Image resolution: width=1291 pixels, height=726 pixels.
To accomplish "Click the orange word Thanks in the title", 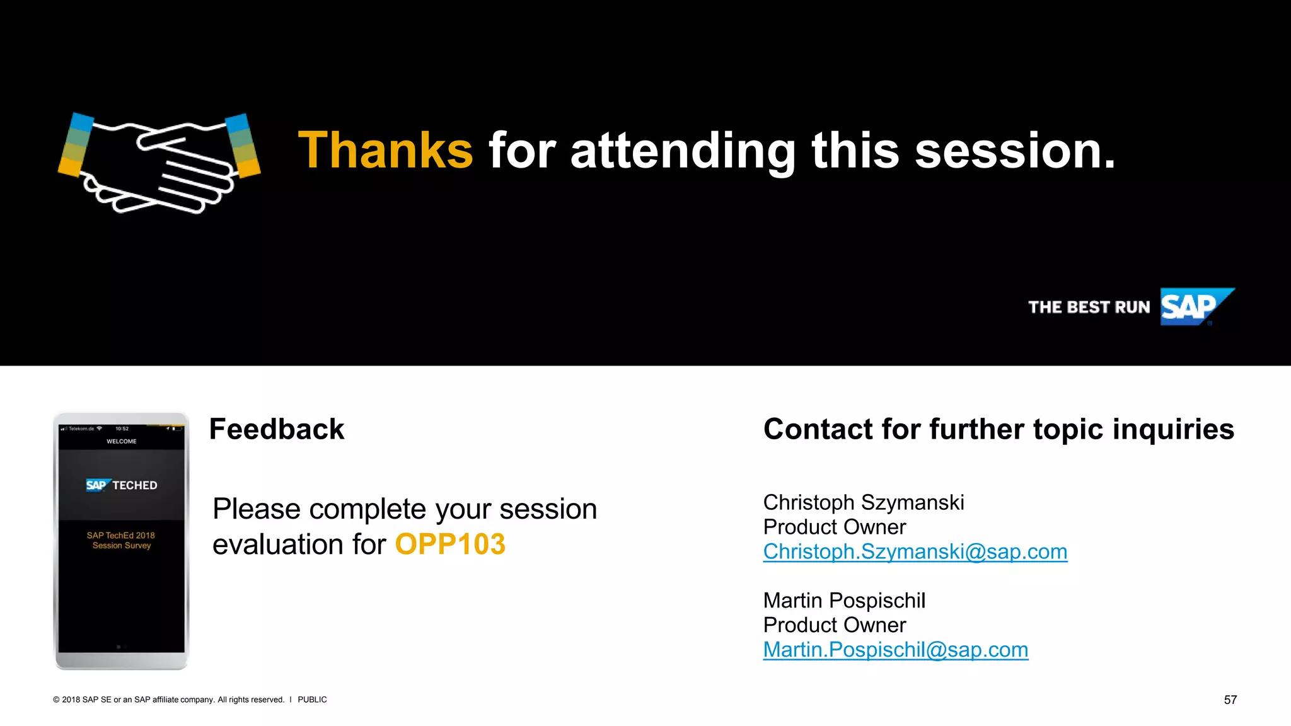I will pos(385,151).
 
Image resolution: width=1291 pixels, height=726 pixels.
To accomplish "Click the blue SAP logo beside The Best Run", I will pos(1193,307).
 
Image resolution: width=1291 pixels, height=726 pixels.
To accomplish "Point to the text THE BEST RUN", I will pos(1089,308).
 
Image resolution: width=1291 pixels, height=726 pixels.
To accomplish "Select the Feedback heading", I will pos(277,430).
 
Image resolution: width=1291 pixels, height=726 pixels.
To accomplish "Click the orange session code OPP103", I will pos(450,544).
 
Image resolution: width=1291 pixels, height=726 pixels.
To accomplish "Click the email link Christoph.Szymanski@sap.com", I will pos(915,552).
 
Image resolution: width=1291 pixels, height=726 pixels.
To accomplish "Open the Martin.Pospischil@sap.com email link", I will pos(895,650).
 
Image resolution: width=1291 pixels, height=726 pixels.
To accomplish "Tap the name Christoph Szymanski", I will pos(863,503).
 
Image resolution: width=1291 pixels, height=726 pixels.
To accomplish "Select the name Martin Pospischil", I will pos(844,601).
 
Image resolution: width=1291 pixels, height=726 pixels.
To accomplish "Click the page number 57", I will pos(1230,700).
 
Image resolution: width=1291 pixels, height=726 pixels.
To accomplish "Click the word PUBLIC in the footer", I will pos(312,700).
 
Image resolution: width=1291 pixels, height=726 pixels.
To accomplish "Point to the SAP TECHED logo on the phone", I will pos(122,485).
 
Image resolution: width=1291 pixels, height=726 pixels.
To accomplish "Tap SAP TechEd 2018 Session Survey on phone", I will pos(121,541).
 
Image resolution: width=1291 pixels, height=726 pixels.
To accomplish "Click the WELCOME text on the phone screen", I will pos(122,442).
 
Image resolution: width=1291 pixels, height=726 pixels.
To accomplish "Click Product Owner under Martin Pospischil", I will pos(834,625).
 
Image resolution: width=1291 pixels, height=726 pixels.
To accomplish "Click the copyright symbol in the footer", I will pos(56,700).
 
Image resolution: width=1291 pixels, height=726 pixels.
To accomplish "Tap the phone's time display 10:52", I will pos(122,429).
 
